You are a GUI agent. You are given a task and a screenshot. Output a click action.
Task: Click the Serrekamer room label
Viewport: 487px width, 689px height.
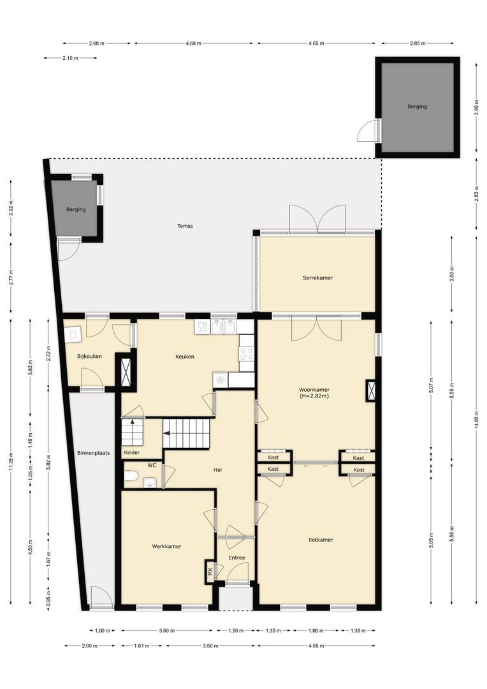pos(317,278)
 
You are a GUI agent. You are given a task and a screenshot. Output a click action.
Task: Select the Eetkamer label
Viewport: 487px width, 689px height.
pos(321,540)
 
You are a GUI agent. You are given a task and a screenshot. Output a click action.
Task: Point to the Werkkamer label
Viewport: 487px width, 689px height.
pos(166,546)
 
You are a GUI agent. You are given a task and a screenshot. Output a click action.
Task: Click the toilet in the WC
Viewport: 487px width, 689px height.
pos(131,475)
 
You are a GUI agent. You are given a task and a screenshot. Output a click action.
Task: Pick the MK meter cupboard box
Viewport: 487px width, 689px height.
pos(210,572)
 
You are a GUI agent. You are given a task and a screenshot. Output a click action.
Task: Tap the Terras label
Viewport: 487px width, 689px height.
pos(185,226)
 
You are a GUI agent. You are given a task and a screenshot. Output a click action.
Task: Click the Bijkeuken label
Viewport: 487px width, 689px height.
pos(89,357)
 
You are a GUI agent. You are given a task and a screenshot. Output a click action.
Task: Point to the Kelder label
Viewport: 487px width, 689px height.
pos(132,452)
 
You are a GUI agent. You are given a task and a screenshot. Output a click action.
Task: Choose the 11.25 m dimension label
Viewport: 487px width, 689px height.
pos(11,461)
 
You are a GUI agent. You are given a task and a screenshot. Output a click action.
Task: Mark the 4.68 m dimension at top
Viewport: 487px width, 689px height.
pos(194,43)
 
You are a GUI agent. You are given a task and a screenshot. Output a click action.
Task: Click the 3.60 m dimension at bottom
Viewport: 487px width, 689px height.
pos(166,630)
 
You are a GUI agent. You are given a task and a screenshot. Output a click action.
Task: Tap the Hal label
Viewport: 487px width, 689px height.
pos(217,470)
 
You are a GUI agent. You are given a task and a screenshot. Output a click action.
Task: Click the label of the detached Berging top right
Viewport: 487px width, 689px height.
pos(417,107)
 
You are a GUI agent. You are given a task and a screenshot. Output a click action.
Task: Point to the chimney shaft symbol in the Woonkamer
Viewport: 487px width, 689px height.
pos(370,390)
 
